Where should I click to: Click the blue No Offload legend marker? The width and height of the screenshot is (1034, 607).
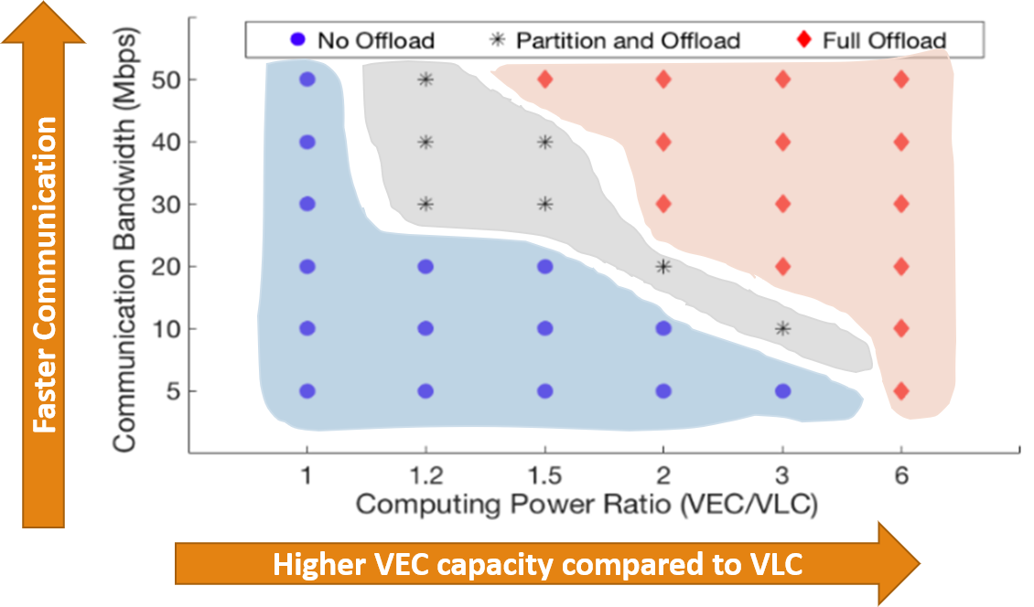coord(296,40)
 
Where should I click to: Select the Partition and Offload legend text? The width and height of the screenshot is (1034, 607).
coord(628,40)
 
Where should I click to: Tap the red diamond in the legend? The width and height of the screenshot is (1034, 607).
coord(804,40)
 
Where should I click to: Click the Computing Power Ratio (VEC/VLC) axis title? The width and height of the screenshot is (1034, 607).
coord(586,503)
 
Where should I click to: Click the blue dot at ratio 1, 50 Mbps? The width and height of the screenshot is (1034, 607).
coord(307,80)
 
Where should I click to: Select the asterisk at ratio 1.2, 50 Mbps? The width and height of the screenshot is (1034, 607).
coord(425,80)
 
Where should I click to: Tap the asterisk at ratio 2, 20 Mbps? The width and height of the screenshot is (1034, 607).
coord(663,267)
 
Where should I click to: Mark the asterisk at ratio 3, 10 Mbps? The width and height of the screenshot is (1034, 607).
coord(782,329)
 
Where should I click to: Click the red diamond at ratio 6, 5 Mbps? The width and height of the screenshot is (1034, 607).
coord(900,391)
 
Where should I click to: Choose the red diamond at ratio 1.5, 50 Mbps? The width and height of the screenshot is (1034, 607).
coord(545,80)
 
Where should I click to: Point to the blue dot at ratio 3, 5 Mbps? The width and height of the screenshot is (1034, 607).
coord(782,391)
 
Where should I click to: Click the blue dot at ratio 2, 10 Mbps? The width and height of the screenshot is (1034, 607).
coord(663,329)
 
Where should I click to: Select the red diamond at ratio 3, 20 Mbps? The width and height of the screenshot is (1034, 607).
coord(782,267)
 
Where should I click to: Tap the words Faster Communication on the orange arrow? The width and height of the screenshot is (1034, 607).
coord(44,274)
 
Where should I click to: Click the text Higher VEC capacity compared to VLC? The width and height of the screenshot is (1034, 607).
coord(537,565)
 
